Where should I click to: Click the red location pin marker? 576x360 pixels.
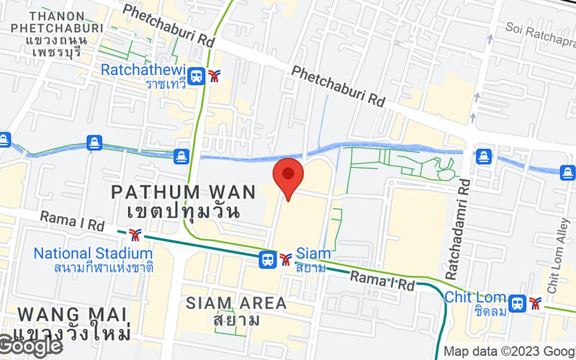pos(288,175)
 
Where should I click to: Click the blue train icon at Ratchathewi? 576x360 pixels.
pos(196,76)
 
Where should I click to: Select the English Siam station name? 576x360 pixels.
pos(314,253)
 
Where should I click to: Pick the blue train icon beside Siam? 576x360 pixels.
pos(268,258)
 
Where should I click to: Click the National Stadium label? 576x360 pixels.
pos(93,253)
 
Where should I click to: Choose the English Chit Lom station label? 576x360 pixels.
pos(474,297)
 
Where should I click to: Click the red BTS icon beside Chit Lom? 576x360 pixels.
pos(534,304)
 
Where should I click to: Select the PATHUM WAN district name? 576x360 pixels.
pos(184,192)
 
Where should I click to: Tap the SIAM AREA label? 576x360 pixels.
pos(236,303)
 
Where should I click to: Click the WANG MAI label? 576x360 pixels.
pos(72,315)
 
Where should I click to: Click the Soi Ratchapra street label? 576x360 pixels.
pos(539,30)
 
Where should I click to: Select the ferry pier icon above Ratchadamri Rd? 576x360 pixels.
pos(483,155)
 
